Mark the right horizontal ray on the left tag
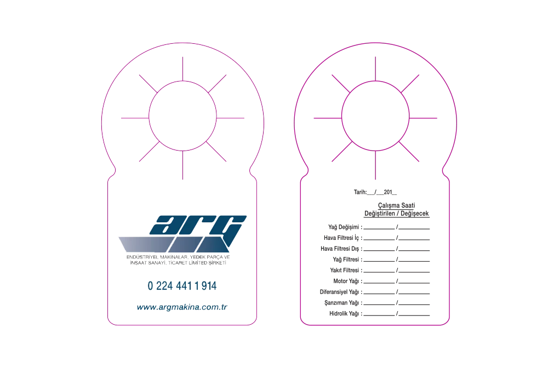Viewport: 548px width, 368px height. (230, 117)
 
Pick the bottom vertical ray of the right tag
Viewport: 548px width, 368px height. (375, 166)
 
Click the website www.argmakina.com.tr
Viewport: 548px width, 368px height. (182, 307)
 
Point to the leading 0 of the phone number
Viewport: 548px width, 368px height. (149, 285)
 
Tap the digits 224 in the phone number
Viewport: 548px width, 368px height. (164, 285)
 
